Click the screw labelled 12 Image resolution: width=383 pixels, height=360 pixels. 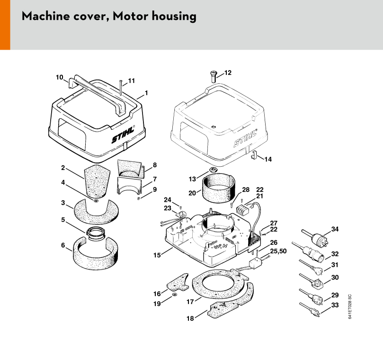click(x=213, y=75)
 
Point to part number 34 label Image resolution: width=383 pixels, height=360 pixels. click(x=335, y=229)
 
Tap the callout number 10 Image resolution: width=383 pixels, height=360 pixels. click(x=59, y=77)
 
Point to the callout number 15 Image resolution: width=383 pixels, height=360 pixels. click(x=156, y=255)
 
